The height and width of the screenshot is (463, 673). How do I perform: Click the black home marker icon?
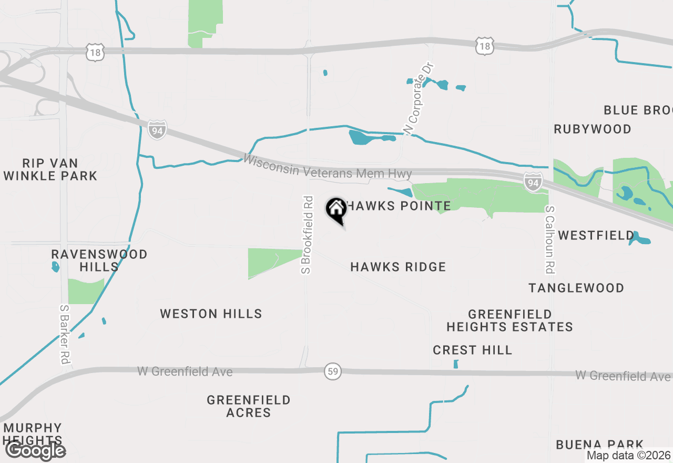coord(336,209)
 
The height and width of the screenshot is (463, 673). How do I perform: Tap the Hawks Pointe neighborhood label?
coord(399,206)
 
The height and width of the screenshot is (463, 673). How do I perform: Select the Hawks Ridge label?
coord(398,267)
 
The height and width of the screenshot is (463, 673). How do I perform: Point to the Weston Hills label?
coord(211,314)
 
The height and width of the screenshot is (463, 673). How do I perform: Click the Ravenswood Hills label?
coord(99,260)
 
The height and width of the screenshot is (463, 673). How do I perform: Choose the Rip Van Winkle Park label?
coord(50,169)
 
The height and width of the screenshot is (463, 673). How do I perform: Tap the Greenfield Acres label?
coord(249,406)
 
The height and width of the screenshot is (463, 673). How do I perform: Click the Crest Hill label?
coord(472,350)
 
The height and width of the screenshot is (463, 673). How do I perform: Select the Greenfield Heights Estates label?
coord(509,320)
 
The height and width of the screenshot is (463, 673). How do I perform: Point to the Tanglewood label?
coord(576,288)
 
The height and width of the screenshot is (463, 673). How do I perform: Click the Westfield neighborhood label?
coord(596,235)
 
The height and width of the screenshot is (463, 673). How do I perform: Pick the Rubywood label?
coord(593,129)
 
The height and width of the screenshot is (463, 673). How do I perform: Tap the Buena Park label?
coord(599,445)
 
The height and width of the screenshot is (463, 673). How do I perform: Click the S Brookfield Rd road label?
coord(308,235)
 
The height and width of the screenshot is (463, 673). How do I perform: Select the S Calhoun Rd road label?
coord(550,239)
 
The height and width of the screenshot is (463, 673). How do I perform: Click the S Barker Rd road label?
coord(65,335)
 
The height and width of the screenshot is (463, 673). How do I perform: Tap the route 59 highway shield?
coord(332,371)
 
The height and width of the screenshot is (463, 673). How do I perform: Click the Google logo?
coord(35,451)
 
